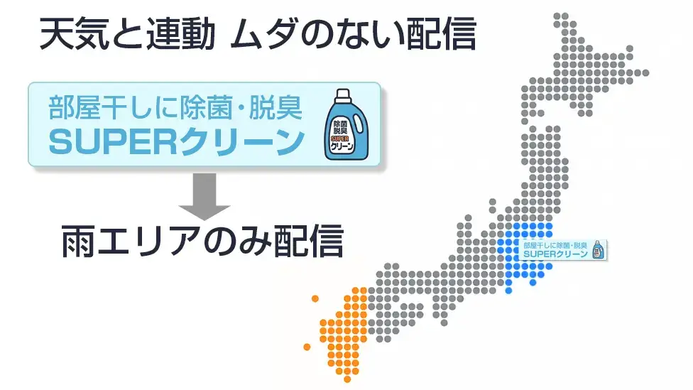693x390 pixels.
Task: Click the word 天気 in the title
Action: point(75,33)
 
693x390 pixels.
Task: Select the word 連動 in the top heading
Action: point(181,33)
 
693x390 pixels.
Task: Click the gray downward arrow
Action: point(204,196)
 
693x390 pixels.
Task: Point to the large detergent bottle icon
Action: point(346,124)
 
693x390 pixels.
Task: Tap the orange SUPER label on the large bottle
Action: point(339,139)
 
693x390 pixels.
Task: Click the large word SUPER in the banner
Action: point(112,142)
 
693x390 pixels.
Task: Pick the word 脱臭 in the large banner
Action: point(276,108)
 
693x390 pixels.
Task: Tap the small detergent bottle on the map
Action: point(599,250)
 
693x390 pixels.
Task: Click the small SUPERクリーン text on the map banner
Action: point(555,254)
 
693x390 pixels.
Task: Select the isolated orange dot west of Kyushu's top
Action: point(315,298)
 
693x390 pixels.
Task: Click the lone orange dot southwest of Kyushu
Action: point(307,347)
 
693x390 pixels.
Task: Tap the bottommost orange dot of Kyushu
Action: point(347,379)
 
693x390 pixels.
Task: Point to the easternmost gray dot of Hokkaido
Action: point(645,73)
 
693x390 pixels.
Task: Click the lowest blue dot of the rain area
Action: point(508,291)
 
